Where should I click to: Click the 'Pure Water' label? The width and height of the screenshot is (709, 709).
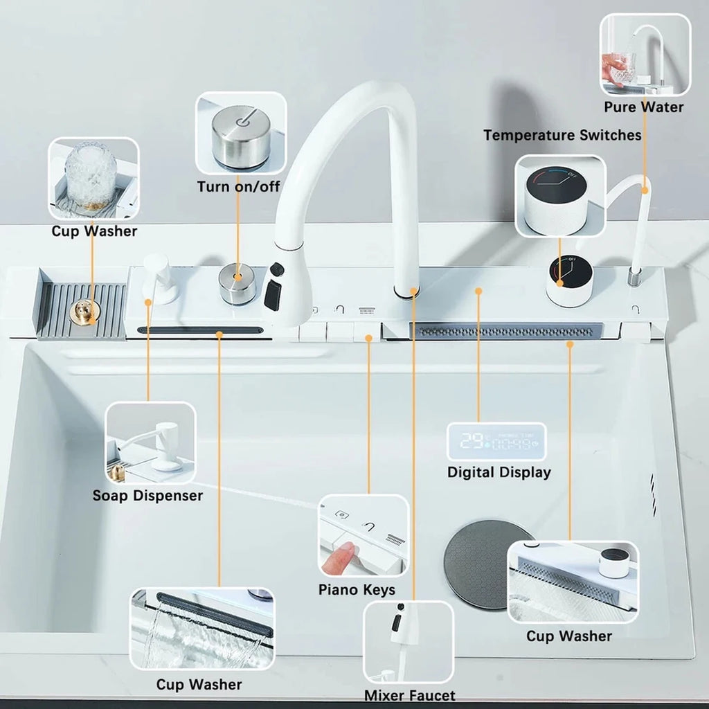point(643,107)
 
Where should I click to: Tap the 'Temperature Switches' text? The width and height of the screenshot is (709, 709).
point(562,135)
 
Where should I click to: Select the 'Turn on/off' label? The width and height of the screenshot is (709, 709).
point(238,186)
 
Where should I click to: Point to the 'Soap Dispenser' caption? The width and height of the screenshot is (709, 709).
point(148,496)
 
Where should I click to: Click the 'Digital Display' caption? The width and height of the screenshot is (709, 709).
point(499,472)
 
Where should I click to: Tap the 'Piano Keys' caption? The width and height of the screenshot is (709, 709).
point(357,590)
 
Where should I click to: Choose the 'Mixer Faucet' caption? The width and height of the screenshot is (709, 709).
point(410,695)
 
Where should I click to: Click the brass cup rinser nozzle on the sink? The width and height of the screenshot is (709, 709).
point(84,312)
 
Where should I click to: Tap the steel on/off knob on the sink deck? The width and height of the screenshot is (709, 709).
point(237,284)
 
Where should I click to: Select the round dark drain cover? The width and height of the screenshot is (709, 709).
point(478,564)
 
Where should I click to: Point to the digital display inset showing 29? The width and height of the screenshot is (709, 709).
point(496,441)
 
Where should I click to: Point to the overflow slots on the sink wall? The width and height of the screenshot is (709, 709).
point(654,494)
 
